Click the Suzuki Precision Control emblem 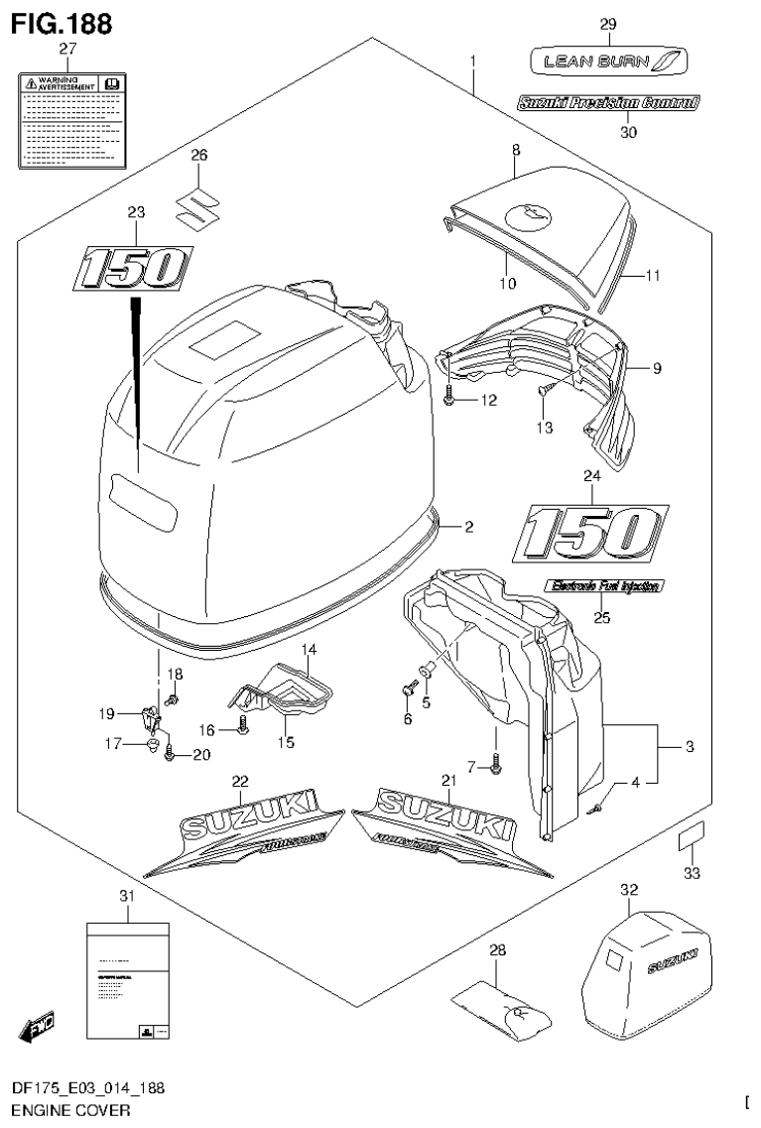point(607,101)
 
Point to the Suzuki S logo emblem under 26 point(198,205)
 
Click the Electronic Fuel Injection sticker point(602,586)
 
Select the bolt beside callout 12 point(449,397)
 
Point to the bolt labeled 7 point(496,763)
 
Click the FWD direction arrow point(37,1026)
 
